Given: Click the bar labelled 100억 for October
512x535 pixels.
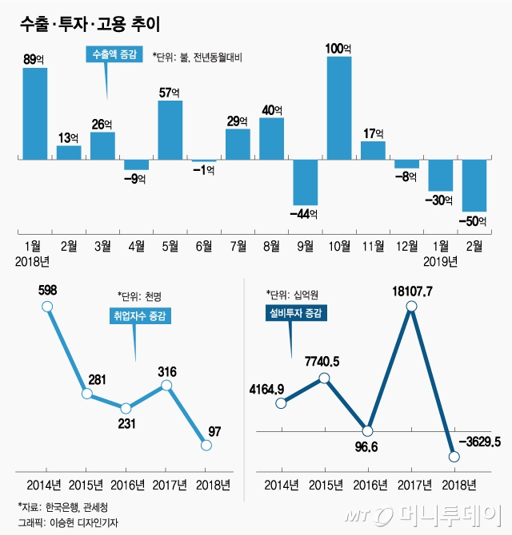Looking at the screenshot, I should point(339,108).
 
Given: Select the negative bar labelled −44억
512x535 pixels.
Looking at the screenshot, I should point(306,183).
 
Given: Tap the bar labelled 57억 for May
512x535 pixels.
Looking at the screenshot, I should point(170,130).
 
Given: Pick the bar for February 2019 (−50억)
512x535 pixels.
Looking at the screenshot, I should point(474,185).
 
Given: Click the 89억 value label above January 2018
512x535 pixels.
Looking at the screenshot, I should point(35,57).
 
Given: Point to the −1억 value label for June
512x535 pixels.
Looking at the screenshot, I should point(204,169).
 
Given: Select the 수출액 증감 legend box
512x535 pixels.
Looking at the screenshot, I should point(113,55).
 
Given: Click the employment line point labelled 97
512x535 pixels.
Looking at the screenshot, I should point(206,446).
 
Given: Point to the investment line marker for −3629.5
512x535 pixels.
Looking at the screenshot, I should point(454,457).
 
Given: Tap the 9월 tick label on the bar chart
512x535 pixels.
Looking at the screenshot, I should point(306,246).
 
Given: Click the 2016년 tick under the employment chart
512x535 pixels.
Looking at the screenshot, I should point(128,484).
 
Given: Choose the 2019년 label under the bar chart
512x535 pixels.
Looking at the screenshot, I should point(440,261).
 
